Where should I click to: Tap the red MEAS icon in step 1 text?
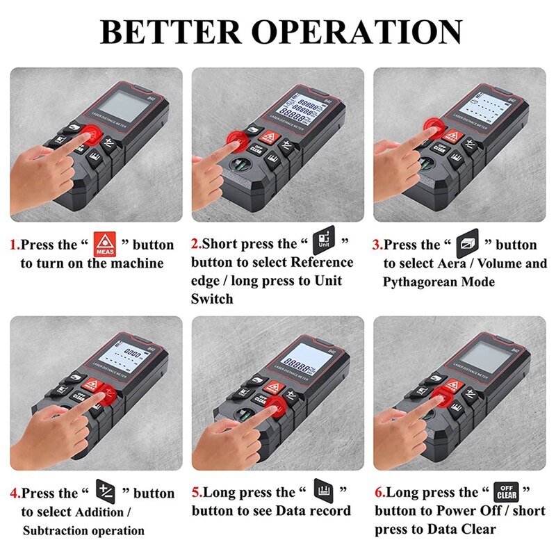click(x=104, y=244)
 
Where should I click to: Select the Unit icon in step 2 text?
click(x=323, y=238)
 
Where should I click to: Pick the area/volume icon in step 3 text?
click(x=464, y=245)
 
